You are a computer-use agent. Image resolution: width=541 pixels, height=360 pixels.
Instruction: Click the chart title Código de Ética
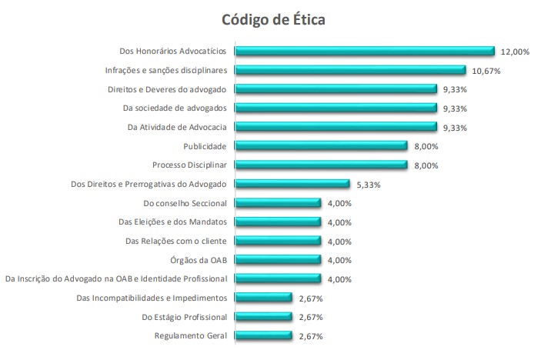pyautogui.click(x=273, y=18)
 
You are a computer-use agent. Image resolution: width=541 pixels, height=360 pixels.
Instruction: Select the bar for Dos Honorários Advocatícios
pyautogui.click(x=364, y=52)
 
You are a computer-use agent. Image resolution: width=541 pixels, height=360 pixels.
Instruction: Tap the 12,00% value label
pyautogui.click(x=514, y=52)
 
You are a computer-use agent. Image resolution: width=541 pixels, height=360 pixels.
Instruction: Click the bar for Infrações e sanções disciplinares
pyautogui.click(x=350, y=70)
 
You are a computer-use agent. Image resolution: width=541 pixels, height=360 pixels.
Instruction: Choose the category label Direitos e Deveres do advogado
pyautogui.click(x=167, y=89)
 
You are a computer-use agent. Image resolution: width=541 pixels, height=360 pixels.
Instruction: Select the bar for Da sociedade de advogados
pyautogui.click(x=336, y=108)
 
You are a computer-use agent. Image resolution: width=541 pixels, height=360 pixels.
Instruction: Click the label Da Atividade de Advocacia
pyautogui.click(x=177, y=127)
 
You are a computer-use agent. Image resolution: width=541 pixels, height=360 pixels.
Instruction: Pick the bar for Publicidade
pyautogui.click(x=321, y=146)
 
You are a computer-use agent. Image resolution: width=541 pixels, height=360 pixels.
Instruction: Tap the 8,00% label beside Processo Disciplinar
pyautogui.click(x=426, y=165)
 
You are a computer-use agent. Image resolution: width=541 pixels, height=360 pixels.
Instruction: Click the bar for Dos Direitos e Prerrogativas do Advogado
pyautogui.click(x=292, y=184)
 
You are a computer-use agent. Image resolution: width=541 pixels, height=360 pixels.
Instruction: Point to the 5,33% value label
pyautogui.click(x=369, y=185)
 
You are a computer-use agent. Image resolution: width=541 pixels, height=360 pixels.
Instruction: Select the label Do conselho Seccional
pyautogui.click(x=185, y=203)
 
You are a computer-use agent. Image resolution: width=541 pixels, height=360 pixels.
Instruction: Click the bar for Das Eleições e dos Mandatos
pyautogui.click(x=277, y=222)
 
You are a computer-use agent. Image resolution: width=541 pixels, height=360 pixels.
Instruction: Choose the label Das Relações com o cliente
pyautogui.click(x=176, y=241)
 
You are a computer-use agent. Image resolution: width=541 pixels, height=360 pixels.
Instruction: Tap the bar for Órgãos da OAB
pyautogui.click(x=277, y=260)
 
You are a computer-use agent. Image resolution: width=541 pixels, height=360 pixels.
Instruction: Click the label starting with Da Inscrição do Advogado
pyautogui.click(x=116, y=278)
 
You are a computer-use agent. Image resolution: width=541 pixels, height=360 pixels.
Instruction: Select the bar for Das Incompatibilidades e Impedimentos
pyautogui.click(x=263, y=298)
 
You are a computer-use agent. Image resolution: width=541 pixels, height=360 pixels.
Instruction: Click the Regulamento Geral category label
pyautogui.click(x=191, y=335)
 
